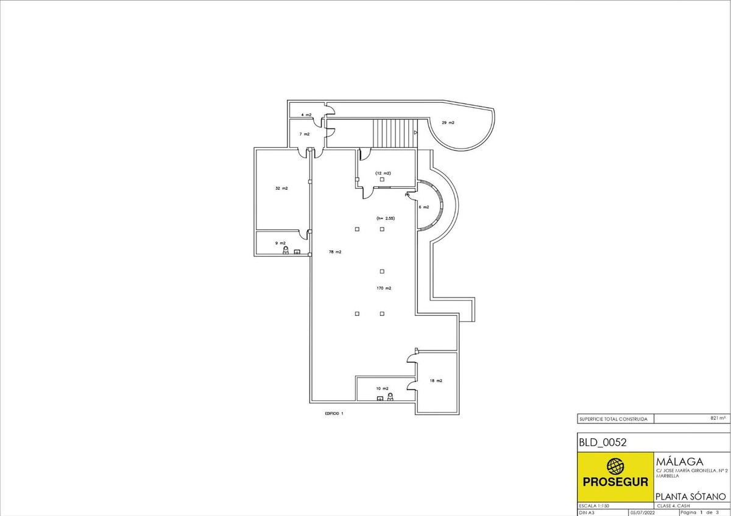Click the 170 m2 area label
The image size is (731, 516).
pos(384,288)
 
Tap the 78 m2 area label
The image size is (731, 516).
pos(335,252)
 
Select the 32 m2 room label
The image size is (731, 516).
pos(281,189)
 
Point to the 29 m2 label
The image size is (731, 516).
pos(448,123)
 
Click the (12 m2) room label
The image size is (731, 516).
pos(383,173)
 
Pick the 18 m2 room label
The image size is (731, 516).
pos(436,381)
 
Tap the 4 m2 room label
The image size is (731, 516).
pos(306,115)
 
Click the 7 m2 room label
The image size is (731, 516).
pos(305,134)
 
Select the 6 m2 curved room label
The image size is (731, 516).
pos(424,207)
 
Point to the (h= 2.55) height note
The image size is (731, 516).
pos(386,218)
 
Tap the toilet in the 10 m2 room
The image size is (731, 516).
pos(390,397)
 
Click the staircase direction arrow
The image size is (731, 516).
pos(415,133)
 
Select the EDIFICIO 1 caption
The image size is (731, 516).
pos(334,413)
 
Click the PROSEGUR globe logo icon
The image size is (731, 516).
pos(615,467)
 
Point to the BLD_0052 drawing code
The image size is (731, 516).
pos(602,442)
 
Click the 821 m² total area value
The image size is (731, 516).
pos(718,418)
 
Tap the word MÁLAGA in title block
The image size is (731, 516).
pos(680,462)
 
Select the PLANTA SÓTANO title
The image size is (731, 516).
pos(691,497)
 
